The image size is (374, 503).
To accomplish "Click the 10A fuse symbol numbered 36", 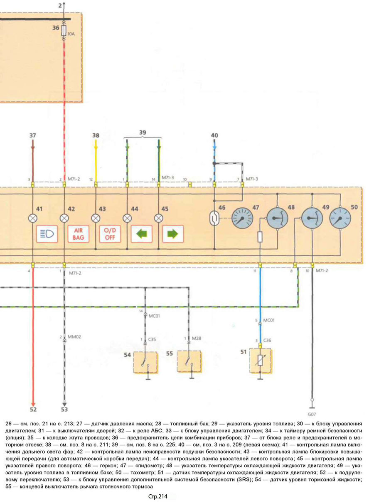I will tap(64, 31).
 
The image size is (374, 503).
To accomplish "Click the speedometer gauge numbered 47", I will tap(242, 218).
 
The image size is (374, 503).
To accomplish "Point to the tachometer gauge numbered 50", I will tap(340, 218).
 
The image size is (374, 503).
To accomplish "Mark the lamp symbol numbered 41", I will tap(32, 218).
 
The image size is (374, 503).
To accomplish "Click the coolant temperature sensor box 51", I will tap(260, 361).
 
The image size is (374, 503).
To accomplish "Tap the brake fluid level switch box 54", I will tap(145, 362).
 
